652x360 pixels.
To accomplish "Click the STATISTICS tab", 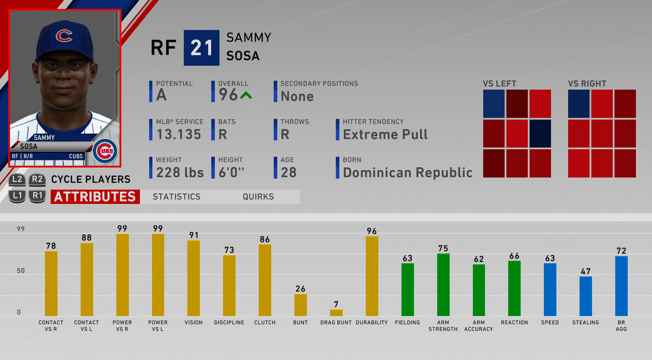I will (177, 197).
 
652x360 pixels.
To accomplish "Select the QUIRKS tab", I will (258, 197).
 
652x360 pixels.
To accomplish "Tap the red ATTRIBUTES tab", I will (95, 197).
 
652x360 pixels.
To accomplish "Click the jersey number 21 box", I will (201, 48).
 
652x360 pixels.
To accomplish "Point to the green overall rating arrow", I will (246, 95).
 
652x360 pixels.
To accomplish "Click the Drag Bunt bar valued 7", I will (336, 312).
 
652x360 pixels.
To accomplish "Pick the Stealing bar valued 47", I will (586, 296).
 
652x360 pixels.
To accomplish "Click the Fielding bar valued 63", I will (408, 290).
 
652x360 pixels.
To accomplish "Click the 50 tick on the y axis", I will (21, 271).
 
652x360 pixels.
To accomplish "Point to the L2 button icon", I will (17, 179).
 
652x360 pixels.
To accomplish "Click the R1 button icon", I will (37, 196).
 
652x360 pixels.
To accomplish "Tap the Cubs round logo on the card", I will (106, 151).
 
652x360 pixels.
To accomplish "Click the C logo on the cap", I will (64, 35).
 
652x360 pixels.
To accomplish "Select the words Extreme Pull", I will (385, 135).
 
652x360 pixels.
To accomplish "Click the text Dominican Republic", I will (408, 173).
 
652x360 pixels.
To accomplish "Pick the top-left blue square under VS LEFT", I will (494, 104).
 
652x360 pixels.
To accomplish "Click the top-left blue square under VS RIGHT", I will (578, 104).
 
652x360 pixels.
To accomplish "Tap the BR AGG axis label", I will (621, 326).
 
